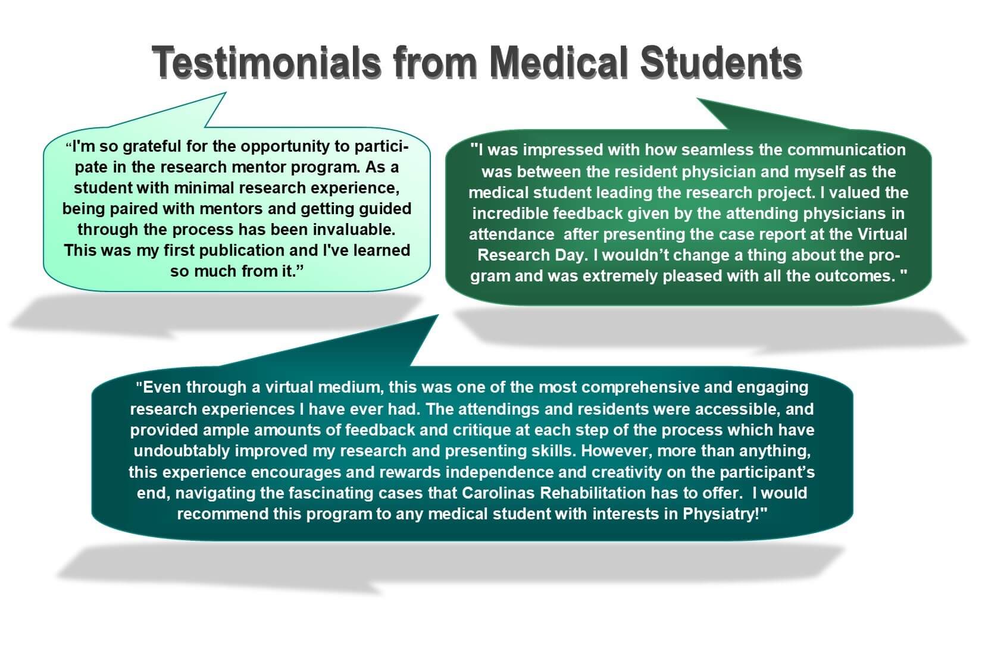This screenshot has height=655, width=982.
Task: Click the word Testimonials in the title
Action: (267, 62)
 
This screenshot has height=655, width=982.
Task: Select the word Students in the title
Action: (721, 62)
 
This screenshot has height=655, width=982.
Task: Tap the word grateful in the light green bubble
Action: (152, 147)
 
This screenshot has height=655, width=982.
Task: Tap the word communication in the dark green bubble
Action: (846, 150)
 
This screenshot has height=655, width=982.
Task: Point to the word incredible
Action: (510, 214)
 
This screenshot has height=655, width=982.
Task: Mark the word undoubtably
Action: (182, 452)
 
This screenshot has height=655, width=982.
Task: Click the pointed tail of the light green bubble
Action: (226, 93)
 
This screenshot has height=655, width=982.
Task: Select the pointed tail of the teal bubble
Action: (437, 315)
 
